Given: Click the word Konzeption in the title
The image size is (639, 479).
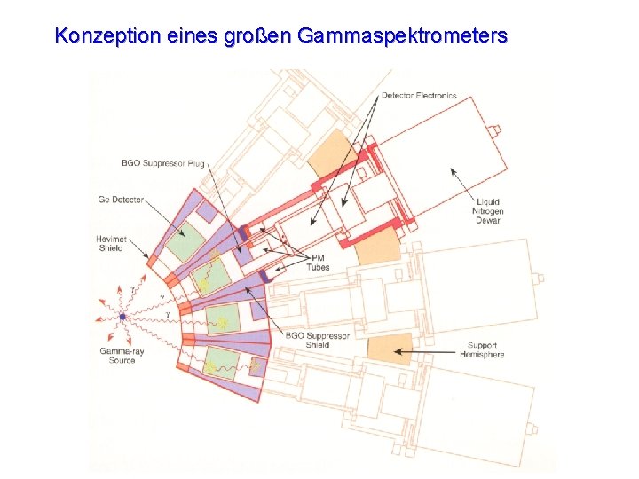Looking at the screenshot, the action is point(105,36).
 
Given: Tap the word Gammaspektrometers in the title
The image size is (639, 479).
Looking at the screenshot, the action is point(403,36).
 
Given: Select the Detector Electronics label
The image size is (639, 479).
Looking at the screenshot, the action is point(419,95).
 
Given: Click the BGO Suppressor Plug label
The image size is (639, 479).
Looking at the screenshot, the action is point(163,163).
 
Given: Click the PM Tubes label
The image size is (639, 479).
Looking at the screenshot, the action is point(318,262).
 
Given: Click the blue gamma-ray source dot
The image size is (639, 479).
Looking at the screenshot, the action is point(122,317).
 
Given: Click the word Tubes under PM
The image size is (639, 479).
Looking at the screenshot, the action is point(318,267).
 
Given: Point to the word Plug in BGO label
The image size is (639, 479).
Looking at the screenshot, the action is point(195,163).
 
